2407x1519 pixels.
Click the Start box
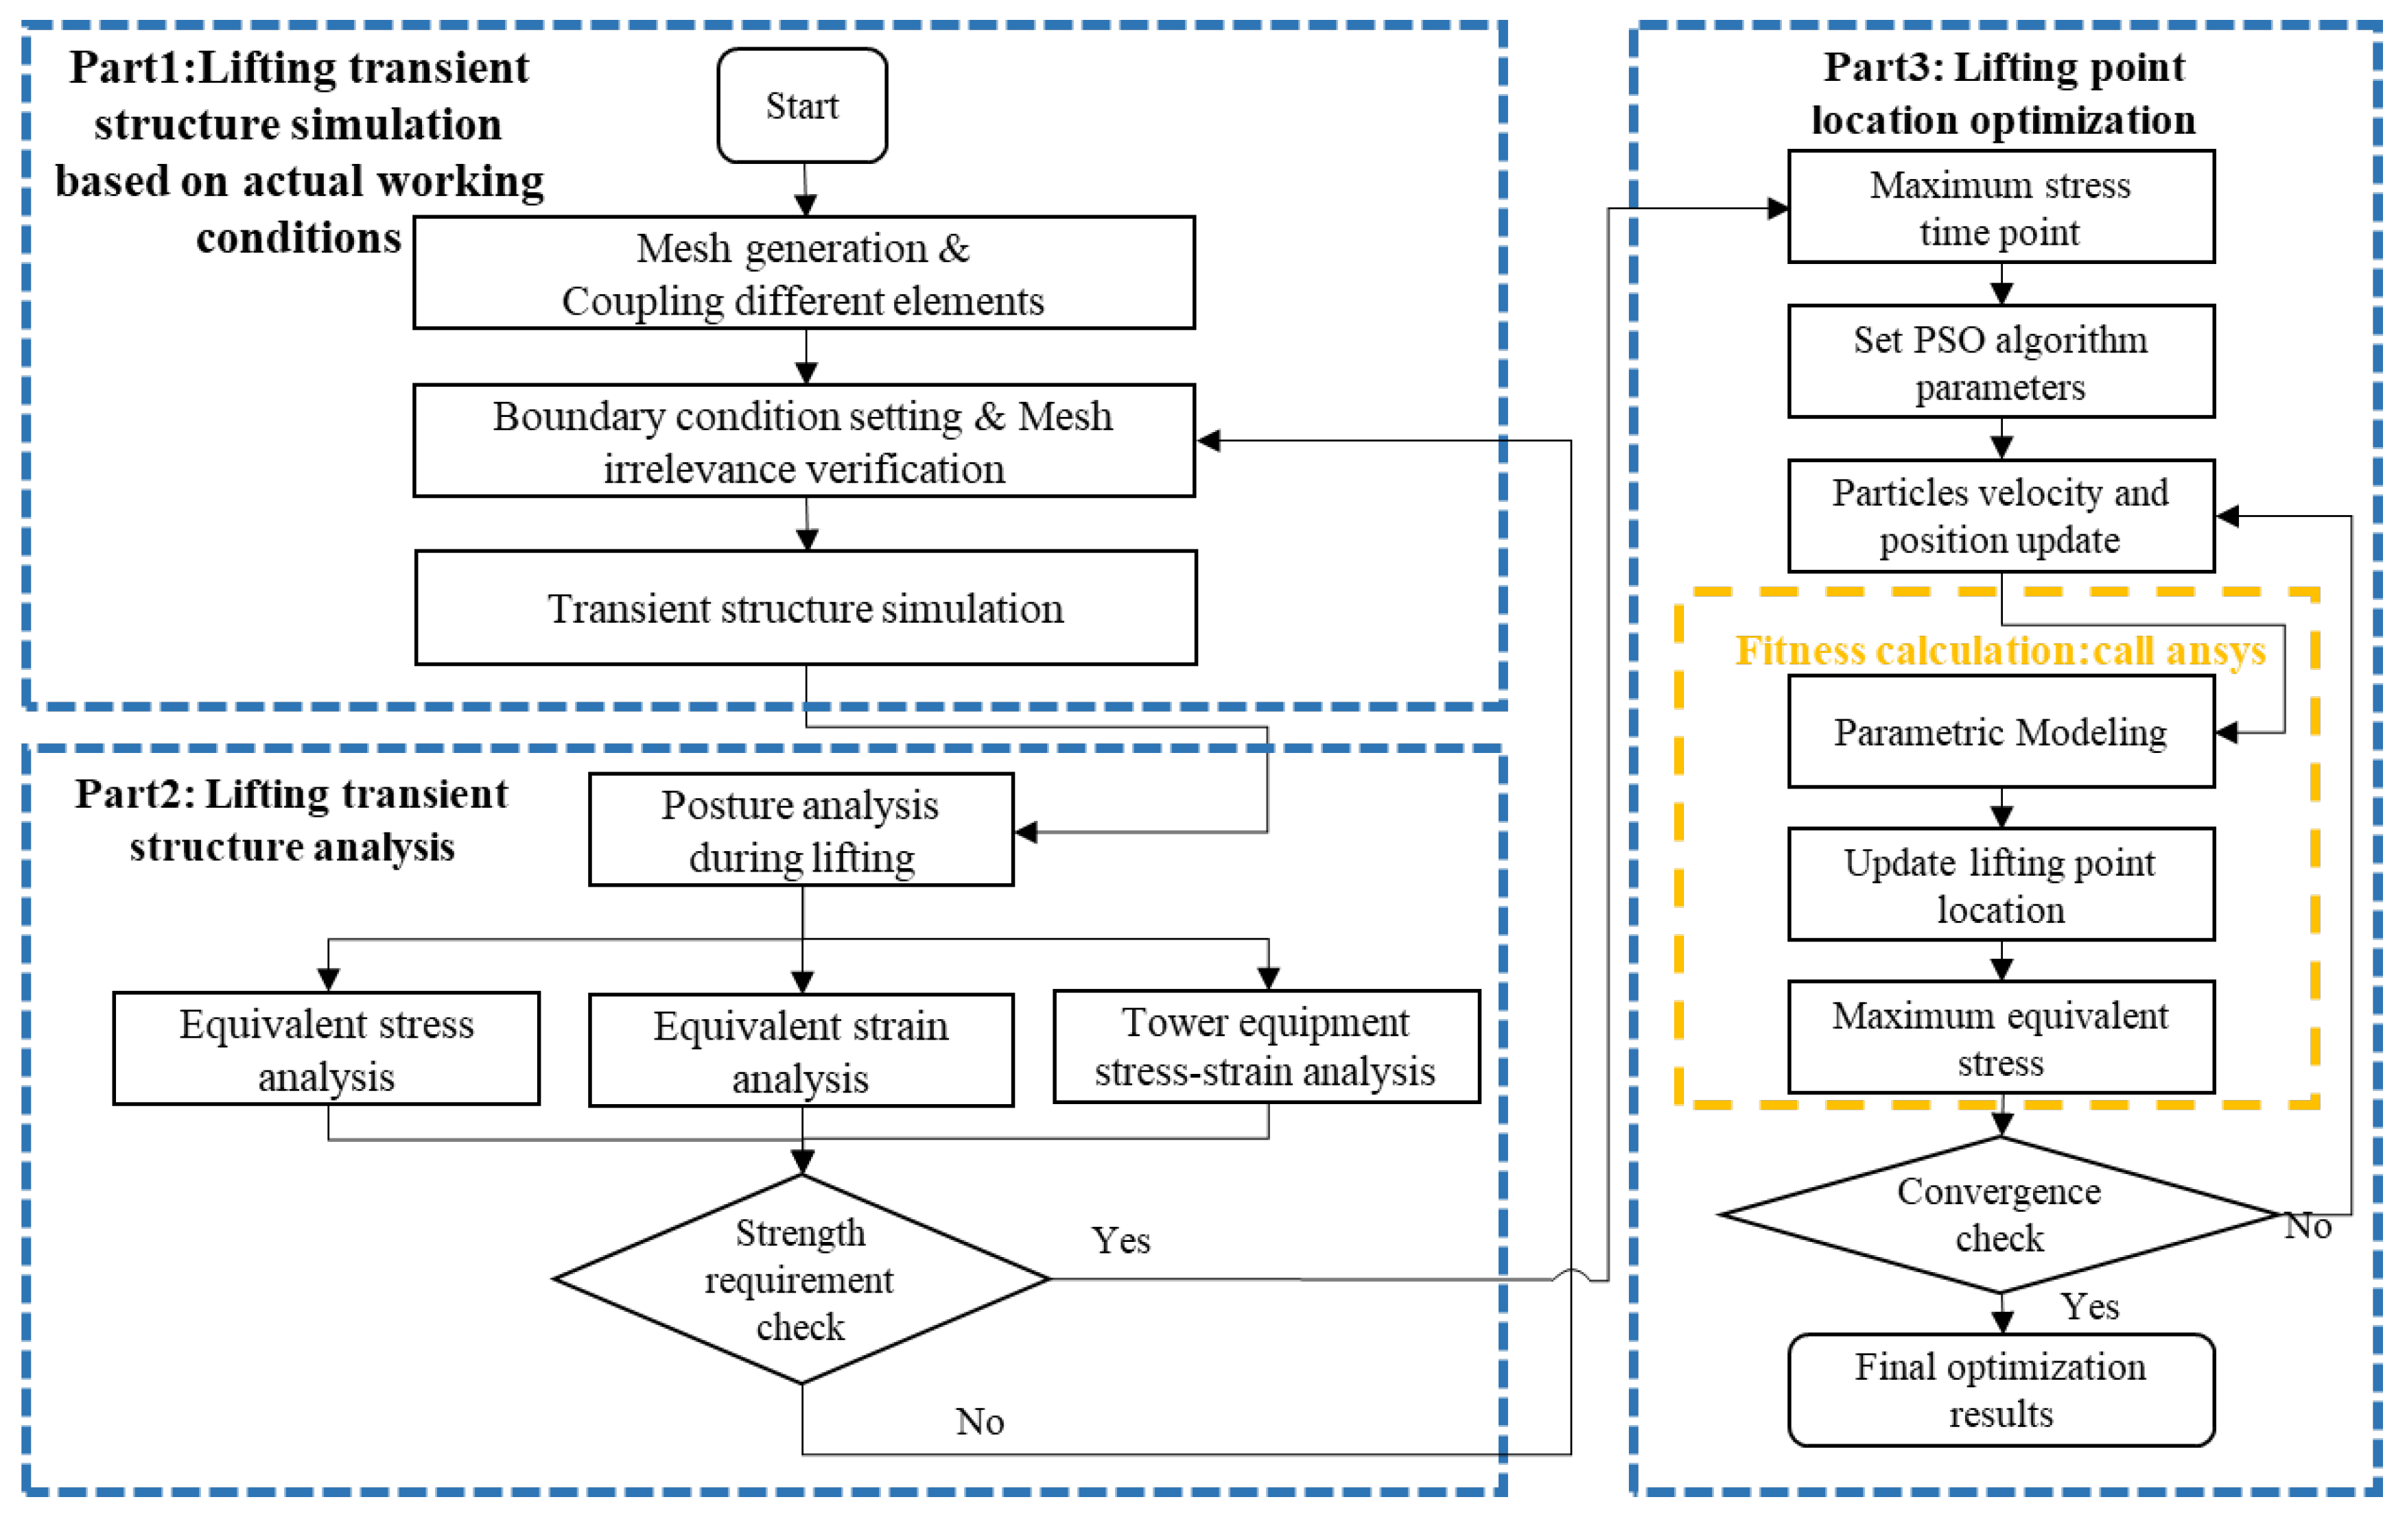(x=801, y=106)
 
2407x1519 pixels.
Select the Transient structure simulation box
(x=806, y=608)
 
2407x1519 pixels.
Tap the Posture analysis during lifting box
(x=801, y=830)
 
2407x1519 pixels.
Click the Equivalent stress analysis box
(x=327, y=1049)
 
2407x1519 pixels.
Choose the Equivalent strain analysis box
(x=801, y=1051)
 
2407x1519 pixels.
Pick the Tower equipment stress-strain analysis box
(x=1267, y=1046)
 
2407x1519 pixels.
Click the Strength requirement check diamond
(x=801, y=1279)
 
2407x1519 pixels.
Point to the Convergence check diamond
(x=1999, y=1215)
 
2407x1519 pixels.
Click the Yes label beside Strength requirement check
(x=1120, y=1240)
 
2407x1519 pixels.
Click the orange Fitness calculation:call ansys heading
(x=2000, y=651)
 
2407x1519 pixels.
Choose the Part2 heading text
(x=291, y=820)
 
